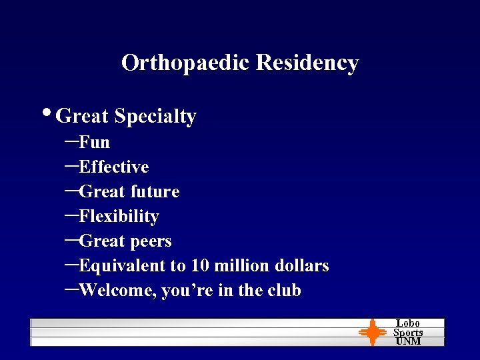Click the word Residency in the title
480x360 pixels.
point(307,63)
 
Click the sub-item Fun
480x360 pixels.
point(94,142)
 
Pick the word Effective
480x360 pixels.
point(113,167)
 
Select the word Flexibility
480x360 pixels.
point(119,217)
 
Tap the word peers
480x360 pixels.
point(151,241)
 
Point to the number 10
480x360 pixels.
point(199,266)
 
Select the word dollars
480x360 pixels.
point(301,266)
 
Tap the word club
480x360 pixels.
point(285,291)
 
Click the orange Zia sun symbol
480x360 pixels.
point(372,332)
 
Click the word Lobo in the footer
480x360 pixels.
point(408,323)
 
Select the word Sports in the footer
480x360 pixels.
point(408,332)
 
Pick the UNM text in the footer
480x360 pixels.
point(408,341)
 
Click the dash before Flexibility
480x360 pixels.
point(71,215)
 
